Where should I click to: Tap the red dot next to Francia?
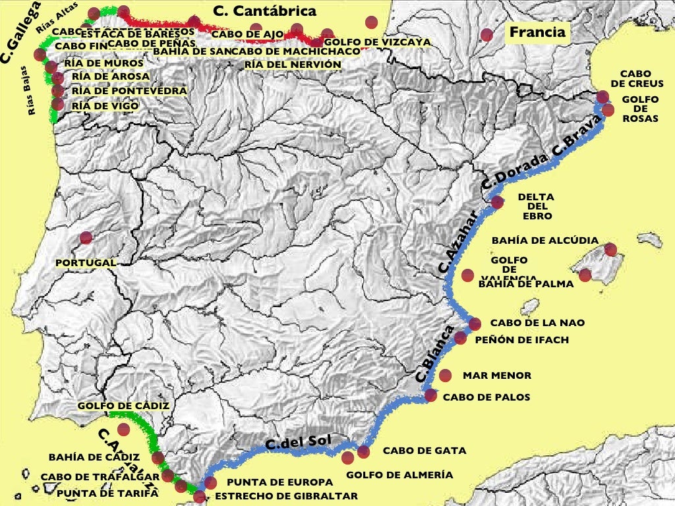click(486, 35)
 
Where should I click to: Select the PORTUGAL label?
click(86, 263)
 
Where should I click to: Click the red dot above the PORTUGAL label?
click(86, 238)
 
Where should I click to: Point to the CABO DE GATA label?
click(425, 451)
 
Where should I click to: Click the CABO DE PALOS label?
click(486, 397)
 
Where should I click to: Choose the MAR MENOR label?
click(496, 376)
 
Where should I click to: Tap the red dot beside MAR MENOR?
click(445, 376)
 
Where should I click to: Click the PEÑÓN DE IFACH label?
click(521, 340)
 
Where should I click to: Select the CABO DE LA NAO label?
click(537, 323)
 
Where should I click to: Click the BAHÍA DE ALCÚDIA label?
click(545, 240)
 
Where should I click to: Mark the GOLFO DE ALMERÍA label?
click(399, 474)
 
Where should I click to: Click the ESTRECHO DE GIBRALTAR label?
click(287, 496)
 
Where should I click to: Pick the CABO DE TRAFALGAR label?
click(100, 476)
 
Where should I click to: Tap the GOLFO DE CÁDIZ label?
click(123, 406)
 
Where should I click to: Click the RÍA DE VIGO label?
click(105, 105)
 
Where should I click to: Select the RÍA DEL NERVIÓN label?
click(293, 65)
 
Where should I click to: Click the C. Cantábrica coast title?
click(265, 11)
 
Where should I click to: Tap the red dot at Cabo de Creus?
click(602, 98)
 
